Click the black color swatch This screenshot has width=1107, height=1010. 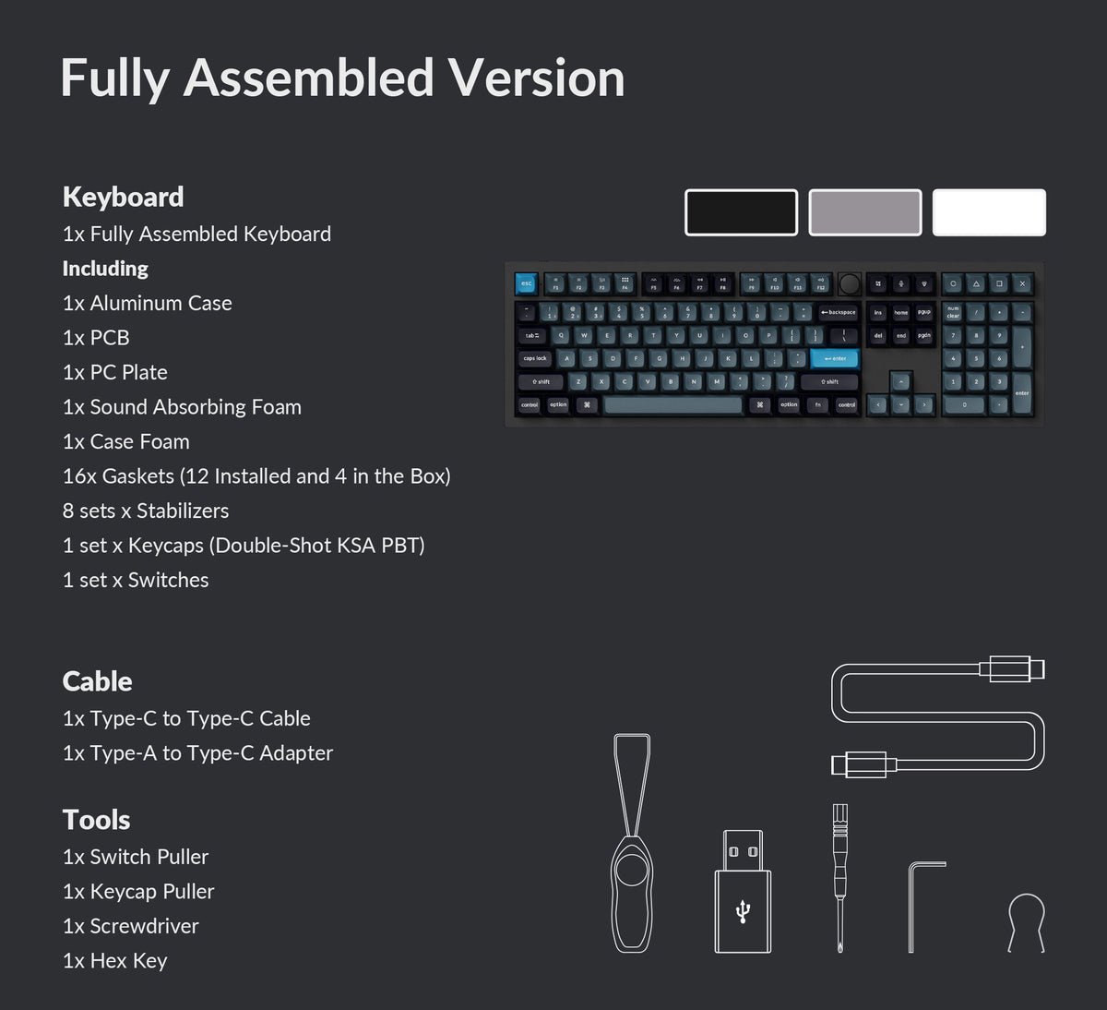(x=741, y=212)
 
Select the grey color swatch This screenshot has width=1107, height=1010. (x=864, y=212)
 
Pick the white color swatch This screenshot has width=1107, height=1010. (x=989, y=212)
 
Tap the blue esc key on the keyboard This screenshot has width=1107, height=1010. (x=526, y=283)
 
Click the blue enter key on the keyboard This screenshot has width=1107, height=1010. (x=835, y=358)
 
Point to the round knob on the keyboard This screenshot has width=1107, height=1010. (x=850, y=283)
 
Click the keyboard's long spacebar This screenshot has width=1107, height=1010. (x=673, y=404)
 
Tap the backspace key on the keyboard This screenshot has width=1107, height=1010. (x=839, y=312)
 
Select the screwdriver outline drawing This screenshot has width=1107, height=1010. (x=839, y=877)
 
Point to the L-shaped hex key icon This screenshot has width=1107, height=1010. (x=922, y=905)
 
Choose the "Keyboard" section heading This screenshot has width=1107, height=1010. (x=123, y=197)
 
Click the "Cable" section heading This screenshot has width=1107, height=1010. (x=97, y=681)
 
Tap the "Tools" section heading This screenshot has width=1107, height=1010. (x=96, y=820)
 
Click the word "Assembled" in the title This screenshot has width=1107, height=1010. (x=309, y=78)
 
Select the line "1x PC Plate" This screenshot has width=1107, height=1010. (x=115, y=372)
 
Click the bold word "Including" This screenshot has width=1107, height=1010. (x=105, y=269)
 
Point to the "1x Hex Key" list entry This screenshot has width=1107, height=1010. (x=115, y=961)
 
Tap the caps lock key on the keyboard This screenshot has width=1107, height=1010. (x=535, y=358)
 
